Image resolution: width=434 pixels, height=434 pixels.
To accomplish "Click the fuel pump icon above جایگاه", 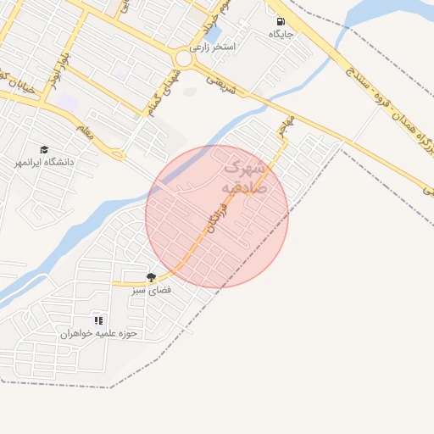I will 280,21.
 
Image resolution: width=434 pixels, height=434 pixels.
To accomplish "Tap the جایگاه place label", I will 281,35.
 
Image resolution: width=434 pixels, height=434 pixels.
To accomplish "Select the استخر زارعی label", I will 225,47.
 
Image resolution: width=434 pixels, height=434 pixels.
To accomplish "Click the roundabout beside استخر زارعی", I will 183,58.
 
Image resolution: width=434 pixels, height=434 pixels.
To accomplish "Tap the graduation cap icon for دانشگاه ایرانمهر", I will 44,149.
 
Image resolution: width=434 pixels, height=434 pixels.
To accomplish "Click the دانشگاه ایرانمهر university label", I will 44,161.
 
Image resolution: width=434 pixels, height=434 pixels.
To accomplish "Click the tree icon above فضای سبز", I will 151,277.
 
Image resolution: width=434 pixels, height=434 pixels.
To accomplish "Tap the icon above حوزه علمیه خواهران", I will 98,320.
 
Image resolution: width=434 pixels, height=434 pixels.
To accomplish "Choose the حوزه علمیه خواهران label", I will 98,333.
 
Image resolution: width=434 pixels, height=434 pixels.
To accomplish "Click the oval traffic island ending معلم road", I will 119,155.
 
